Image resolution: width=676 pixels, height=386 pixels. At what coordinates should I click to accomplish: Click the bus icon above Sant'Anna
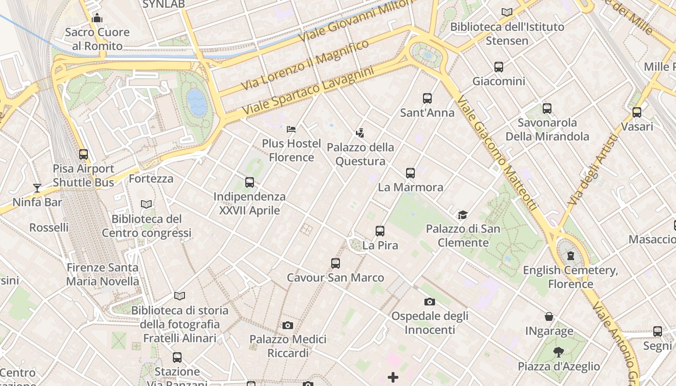427,98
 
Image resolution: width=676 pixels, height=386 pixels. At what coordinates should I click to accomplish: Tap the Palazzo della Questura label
361,154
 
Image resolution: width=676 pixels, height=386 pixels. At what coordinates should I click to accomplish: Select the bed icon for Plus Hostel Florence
291,129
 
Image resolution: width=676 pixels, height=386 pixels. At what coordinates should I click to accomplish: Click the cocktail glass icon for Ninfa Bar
37,188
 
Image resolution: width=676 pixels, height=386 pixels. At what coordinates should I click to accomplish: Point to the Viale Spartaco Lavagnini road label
308,91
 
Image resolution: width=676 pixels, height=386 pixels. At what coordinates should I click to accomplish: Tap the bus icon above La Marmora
410,173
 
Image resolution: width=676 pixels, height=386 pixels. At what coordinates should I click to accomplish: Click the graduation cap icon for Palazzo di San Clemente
463,215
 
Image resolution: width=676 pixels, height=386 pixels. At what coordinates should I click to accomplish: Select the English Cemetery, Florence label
570,277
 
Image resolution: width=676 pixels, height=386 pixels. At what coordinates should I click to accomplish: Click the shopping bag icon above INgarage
549,317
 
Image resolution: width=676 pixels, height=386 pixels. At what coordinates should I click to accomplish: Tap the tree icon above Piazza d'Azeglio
559,352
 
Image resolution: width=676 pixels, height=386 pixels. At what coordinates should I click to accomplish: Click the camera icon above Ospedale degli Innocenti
429,302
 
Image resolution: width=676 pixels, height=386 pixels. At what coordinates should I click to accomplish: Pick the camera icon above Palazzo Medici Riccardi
288,325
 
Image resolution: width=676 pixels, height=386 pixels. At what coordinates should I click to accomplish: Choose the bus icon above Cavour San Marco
336,263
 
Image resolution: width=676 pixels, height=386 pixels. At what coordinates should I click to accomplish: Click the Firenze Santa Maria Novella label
102,274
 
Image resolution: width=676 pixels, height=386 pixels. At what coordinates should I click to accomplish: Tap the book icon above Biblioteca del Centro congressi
146,205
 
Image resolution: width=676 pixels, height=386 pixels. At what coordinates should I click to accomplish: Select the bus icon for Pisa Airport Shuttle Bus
84,154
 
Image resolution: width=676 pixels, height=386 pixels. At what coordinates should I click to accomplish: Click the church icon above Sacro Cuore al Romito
97,18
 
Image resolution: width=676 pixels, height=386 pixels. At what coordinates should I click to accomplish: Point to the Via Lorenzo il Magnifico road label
305,66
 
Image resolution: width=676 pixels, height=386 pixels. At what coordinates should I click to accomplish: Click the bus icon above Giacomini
499,67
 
